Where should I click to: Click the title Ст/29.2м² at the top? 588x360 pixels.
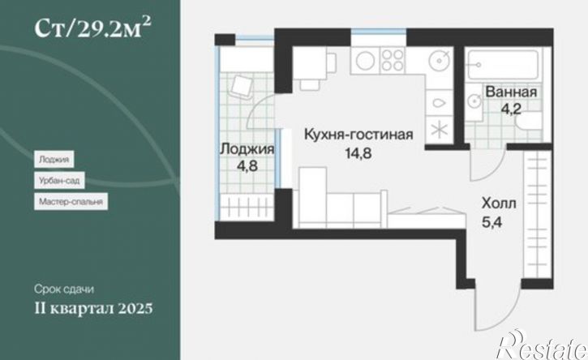[93, 30]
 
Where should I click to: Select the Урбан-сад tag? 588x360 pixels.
[58, 179]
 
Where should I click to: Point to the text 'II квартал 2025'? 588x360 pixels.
[93, 308]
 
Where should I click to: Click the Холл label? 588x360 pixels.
[499, 203]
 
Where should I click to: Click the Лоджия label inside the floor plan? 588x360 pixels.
[246, 149]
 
